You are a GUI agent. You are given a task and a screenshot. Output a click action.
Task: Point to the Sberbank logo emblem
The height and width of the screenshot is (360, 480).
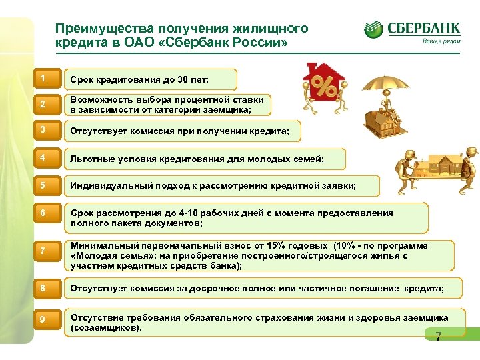[x=373, y=30]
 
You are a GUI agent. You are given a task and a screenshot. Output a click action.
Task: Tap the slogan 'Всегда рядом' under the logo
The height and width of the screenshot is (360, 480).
[x=441, y=41]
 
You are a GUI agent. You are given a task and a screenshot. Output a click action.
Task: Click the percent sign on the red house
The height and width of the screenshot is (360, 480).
[x=323, y=86]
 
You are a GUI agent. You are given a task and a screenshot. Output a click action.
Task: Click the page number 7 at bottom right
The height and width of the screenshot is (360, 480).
[x=438, y=337]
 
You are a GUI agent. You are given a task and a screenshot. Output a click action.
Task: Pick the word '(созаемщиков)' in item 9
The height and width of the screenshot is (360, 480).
[x=106, y=328]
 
